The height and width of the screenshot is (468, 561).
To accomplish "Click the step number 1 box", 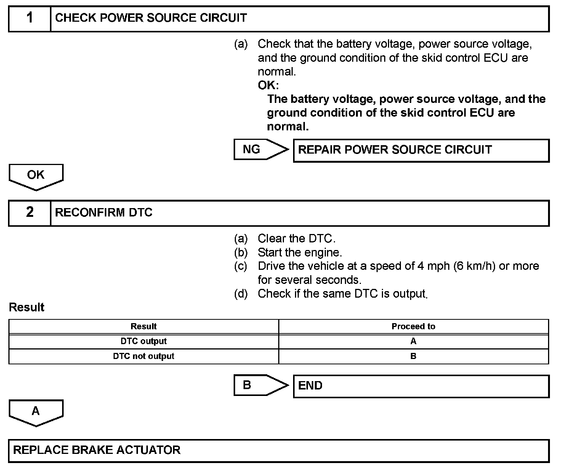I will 30,18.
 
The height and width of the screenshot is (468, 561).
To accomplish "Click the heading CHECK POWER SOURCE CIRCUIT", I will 151,18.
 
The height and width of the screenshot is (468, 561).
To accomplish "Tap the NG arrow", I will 259,149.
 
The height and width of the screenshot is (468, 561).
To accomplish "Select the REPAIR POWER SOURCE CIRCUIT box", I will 421,150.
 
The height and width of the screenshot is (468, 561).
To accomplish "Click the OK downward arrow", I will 36,176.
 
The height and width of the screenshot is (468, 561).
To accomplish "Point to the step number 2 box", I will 30,213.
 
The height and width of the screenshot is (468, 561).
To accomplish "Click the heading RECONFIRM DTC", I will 104,213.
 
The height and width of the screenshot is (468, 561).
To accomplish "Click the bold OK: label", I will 268,85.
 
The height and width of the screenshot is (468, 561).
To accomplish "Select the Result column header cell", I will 144,327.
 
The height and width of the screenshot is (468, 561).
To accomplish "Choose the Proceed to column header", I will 414,327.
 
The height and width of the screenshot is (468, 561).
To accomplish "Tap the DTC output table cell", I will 144,341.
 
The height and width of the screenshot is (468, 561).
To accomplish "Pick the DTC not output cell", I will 144,356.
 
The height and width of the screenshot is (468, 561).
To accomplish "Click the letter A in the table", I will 414,341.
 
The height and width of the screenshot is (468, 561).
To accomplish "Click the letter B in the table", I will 414,356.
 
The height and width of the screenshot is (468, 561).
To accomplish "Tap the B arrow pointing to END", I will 259,385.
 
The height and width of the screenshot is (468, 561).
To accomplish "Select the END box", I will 421,386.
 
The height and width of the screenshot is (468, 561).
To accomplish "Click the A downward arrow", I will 36,412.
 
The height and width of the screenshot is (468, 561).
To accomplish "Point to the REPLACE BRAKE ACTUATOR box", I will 278,450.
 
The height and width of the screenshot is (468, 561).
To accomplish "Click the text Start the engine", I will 300,252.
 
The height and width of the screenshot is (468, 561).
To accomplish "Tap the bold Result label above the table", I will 27,308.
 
